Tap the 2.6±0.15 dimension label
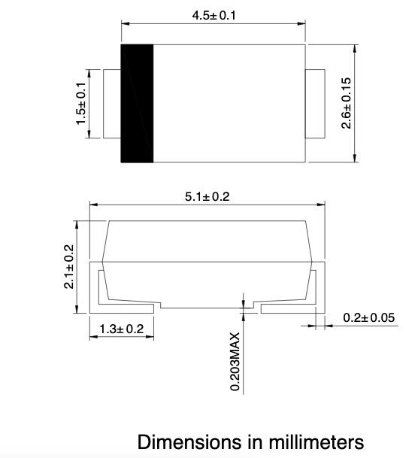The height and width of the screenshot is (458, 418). click(347, 103)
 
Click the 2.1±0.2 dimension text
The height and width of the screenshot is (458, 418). click(68, 267)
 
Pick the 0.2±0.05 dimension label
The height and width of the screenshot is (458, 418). click(368, 317)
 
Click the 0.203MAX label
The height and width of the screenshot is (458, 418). click(235, 361)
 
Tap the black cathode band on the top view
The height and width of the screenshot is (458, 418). click(137, 103)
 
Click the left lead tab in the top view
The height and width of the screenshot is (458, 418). click(111, 104)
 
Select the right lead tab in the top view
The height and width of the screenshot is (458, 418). click(314, 104)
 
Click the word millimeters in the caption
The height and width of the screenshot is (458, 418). click(310, 441)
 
